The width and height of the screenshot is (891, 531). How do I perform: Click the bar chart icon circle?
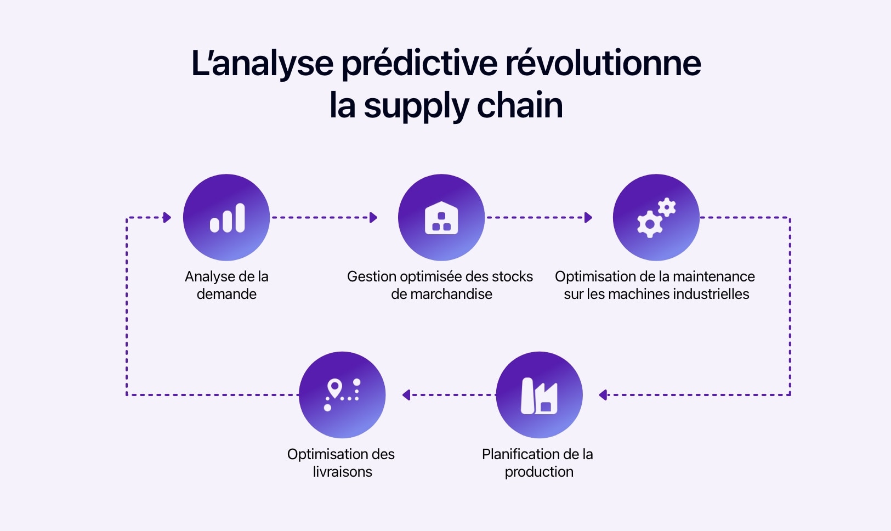[226, 217]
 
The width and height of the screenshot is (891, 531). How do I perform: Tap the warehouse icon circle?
[441, 217]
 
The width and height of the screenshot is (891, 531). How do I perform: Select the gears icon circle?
[656, 217]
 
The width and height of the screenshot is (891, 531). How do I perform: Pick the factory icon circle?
[539, 395]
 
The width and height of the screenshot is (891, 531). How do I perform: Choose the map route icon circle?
[342, 395]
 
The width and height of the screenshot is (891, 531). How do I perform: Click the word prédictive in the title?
[419, 64]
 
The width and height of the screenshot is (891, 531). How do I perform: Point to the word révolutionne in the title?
[603, 64]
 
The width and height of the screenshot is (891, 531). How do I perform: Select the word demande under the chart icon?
[226, 294]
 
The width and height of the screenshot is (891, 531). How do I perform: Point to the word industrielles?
[711, 294]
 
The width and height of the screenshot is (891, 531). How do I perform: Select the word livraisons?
[342, 472]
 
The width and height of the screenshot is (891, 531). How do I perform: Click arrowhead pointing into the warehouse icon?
[373, 218]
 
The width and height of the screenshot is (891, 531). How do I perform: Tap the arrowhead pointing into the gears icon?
[588, 218]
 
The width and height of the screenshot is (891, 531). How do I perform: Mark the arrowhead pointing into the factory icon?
[603, 395]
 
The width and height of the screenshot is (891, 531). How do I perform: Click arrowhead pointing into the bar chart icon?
[167, 218]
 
